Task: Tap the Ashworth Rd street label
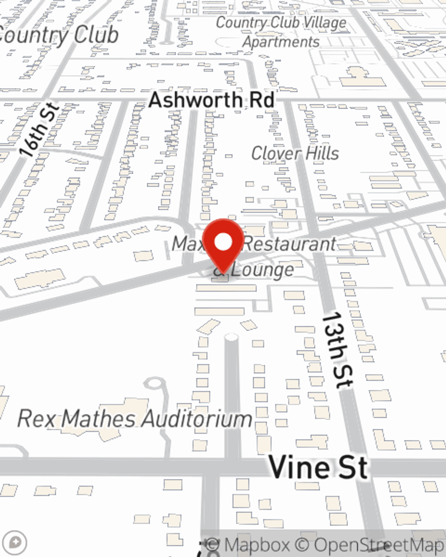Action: [211, 99]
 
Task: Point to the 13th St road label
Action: [337, 350]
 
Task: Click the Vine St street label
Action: [318, 467]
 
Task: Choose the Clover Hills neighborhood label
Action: [295, 153]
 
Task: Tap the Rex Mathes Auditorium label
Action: [135, 419]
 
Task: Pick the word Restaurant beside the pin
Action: [290, 244]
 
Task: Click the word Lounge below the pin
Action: [263, 270]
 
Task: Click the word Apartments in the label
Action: [281, 42]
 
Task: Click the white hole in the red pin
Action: [223, 242]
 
